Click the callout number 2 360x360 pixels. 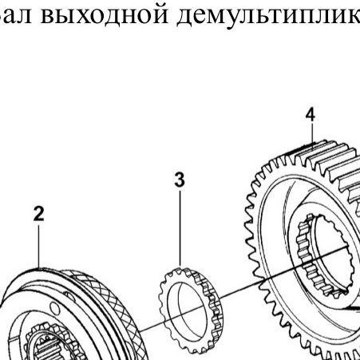tap(39, 214)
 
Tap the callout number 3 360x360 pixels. tap(180, 180)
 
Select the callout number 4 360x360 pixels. tap(311, 115)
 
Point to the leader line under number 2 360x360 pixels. tap(39, 247)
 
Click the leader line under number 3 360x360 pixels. tap(180, 228)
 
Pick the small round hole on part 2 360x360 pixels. tap(54, 308)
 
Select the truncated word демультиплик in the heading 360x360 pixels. tap(268, 16)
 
